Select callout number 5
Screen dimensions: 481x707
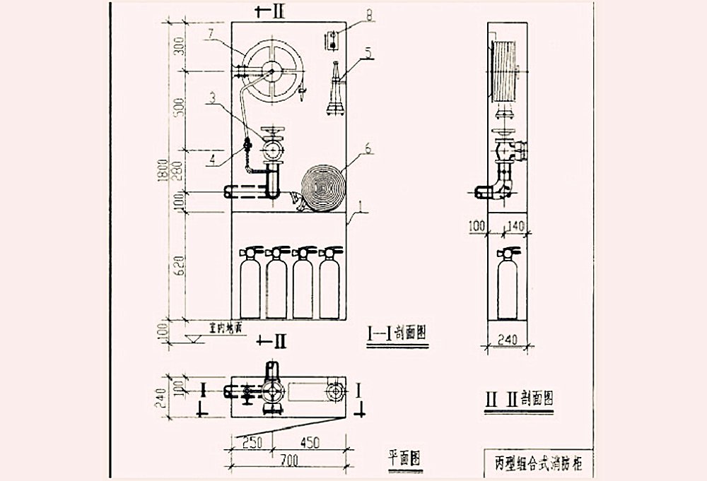368,51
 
